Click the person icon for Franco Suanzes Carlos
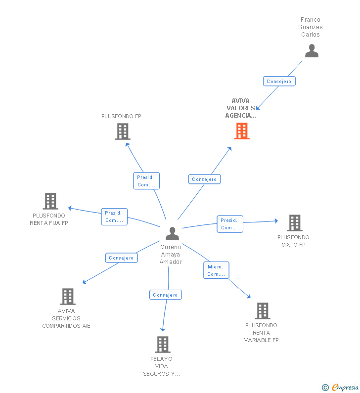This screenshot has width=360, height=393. tap(312, 51)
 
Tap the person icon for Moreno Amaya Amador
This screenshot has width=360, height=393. tap(172, 233)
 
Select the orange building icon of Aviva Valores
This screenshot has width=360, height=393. tap(241, 131)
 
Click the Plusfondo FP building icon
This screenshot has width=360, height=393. tap(122, 131)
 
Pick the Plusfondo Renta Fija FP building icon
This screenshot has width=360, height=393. tap(50, 201)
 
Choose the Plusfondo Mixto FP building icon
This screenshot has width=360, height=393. tap(294, 223)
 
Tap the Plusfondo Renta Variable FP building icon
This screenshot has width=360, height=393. tap(262, 311)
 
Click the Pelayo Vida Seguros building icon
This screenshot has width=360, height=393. tap(162, 345)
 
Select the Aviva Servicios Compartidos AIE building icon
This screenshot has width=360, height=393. tap(67, 297)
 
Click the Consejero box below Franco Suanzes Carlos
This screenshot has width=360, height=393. tap(279, 81)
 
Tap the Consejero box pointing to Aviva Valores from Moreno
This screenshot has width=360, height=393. tap(204, 179)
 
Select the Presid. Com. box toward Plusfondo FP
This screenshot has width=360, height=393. tap(146, 181)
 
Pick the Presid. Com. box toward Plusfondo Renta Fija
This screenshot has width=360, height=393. tap(114, 217)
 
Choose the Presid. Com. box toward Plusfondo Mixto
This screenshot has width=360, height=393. tap(229, 224)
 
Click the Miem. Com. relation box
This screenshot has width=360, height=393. tap(216, 270)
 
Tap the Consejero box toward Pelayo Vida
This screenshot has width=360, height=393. tap(165, 295)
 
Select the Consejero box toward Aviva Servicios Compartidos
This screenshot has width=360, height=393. tap(121, 258)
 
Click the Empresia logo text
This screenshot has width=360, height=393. tap(345, 387)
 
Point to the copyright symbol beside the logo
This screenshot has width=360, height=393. tap(325, 388)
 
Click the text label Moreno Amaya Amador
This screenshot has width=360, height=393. tap(171, 255)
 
